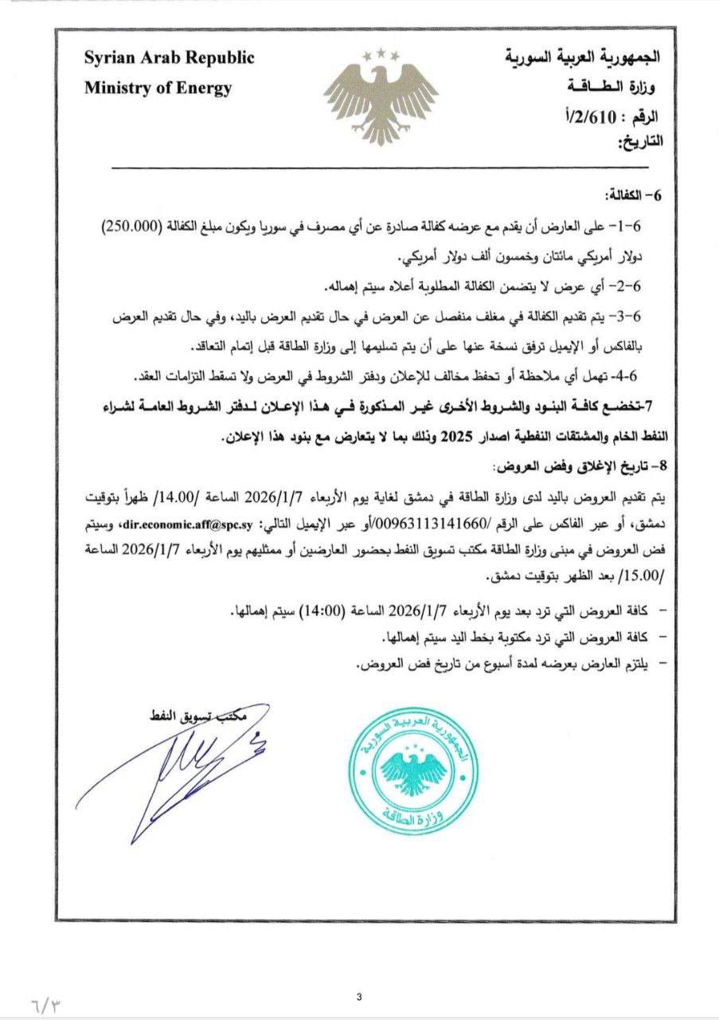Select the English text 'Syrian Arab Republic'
(170, 58)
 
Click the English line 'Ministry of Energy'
(158, 88)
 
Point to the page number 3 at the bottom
(360, 995)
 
